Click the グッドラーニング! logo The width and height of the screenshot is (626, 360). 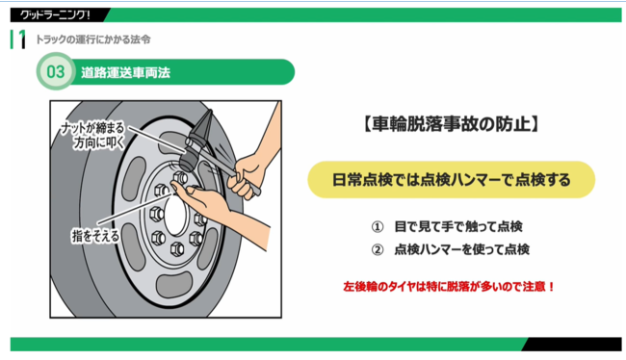click(55, 15)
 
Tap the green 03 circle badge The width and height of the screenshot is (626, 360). click(56, 72)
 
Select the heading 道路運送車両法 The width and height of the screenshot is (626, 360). click(125, 72)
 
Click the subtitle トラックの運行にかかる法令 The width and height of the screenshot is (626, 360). click(93, 39)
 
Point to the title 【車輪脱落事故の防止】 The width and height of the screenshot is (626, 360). click(451, 124)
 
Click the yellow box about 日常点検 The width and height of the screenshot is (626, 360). click(451, 180)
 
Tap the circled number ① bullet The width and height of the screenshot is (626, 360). click(378, 227)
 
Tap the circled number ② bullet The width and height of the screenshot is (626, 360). click(378, 250)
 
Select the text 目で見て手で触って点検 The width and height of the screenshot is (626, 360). click(458, 227)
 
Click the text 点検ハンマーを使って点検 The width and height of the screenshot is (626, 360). click(462, 249)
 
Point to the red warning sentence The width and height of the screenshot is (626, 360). click(449, 287)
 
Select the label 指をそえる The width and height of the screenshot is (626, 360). click(95, 236)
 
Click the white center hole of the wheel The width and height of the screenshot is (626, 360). click(175, 215)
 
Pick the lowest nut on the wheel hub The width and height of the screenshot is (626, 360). click(177, 249)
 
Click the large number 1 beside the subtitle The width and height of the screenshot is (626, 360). click(21, 39)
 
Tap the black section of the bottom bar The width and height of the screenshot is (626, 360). click(572, 344)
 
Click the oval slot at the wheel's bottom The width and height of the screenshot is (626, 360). click(174, 285)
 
